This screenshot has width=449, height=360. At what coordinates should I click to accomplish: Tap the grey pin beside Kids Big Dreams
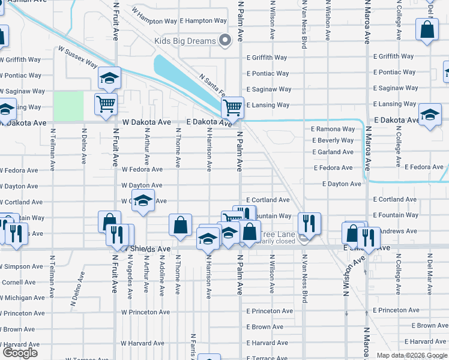225,41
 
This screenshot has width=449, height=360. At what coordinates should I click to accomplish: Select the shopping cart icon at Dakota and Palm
232,108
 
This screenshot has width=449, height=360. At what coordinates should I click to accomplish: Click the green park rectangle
68,106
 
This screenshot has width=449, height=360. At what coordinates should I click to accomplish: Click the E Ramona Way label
333,129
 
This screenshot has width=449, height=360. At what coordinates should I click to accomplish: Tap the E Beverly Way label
333,140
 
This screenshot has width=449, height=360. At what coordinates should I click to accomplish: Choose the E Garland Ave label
333,152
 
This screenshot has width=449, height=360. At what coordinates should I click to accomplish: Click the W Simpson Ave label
22,266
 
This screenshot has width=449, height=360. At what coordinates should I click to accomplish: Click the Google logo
20,353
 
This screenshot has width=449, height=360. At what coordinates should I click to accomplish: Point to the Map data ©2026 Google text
411,355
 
